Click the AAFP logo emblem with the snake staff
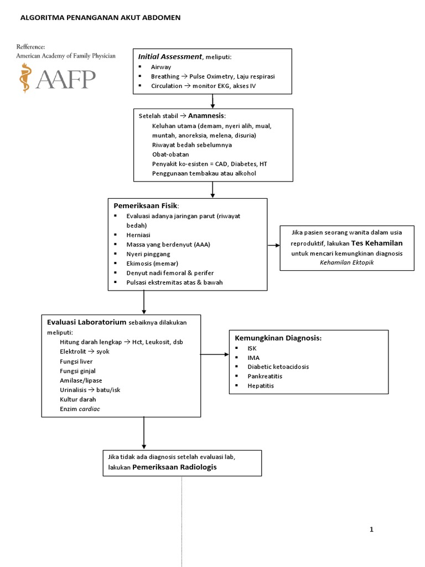(x=24, y=78)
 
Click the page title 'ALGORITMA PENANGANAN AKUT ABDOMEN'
(x=100, y=18)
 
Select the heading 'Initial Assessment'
(x=170, y=56)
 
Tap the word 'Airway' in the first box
(x=161, y=66)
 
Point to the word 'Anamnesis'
(x=206, y=116)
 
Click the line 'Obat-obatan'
(x=170, y=154)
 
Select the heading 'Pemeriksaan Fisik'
(x=146, y=205)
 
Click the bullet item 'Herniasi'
(x=138, y=235)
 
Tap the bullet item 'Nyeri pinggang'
(x=148, y=254)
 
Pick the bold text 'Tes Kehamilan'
(x=376, y=243)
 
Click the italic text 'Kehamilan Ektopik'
(x=347, y=262)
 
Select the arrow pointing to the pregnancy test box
(x=273, y=245)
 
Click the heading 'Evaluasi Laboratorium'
(x=86, y=322)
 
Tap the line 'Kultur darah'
(x=78, y=399)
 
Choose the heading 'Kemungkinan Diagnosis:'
(x=278, y=338)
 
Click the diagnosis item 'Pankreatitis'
(x=265, y=376)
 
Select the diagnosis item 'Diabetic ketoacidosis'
(x=278, y=367)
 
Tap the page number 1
(x=371, y=530)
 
